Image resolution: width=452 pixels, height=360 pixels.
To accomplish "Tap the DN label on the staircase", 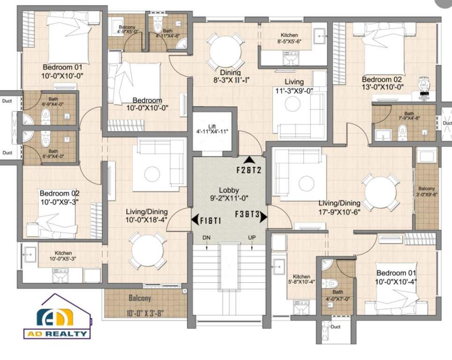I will pos(206,238).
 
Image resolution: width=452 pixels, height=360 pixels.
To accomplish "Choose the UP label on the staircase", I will pos(252,238).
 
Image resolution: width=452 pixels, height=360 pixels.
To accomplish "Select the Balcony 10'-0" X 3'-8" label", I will pos(146,305).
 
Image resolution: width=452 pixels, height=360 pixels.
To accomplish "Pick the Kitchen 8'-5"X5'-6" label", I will pos(289,38).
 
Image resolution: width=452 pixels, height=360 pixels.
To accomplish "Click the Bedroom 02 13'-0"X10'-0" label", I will pos(382,83).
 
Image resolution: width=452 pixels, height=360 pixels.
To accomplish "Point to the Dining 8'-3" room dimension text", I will pos(230,76).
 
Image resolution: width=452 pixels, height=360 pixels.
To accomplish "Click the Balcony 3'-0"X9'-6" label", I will pos(426,191).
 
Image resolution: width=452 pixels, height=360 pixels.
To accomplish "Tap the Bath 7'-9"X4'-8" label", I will pos(409,116).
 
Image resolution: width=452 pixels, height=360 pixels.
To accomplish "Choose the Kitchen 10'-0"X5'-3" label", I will pos(63,255).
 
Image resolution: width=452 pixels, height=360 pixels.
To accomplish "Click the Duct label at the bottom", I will pos(335,327).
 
